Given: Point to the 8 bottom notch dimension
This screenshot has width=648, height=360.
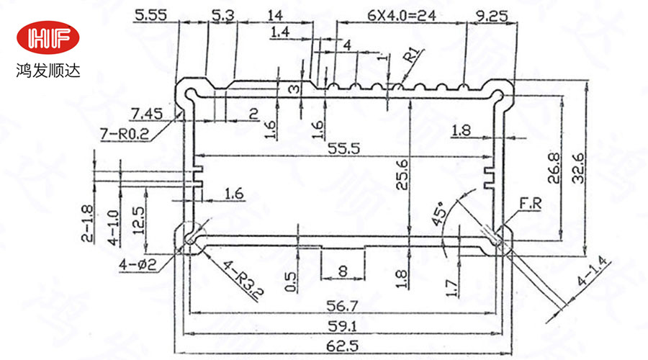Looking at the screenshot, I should tap(342, 271).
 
